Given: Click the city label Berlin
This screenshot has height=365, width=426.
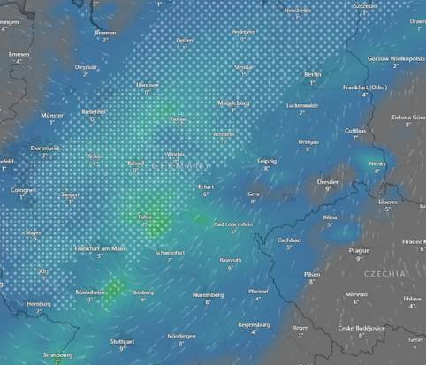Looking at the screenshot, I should (x=312, y=74).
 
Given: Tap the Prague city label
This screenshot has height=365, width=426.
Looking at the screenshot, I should (x=359, y=250).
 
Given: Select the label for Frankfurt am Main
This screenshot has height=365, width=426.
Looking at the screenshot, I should (x=100, y=247).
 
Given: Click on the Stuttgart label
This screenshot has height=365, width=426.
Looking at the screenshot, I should (x=122, y=340).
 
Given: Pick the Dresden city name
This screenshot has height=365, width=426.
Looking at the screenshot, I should (x=328, y=180).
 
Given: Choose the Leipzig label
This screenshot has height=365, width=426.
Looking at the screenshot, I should (x=266, y=161).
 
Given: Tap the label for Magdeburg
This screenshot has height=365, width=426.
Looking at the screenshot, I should (x=233, y=103).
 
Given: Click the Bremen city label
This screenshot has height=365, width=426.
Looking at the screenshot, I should (x=105, y=32).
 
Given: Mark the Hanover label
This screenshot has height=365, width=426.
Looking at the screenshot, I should (x=147, y=85).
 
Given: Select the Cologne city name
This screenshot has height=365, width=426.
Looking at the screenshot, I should (x=23, y=190).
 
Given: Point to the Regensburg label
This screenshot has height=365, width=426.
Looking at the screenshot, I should (x=255, y=324).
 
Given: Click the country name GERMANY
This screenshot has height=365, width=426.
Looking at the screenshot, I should (x=182, y=165).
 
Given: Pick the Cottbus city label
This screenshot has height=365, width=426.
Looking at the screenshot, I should (x=354, y=130).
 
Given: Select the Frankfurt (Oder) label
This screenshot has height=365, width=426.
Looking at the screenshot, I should (x=365, y=87).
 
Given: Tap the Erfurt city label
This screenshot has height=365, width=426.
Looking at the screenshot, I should (x=206, y=186).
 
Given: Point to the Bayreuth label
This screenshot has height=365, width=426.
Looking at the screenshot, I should (x=230, y=260).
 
